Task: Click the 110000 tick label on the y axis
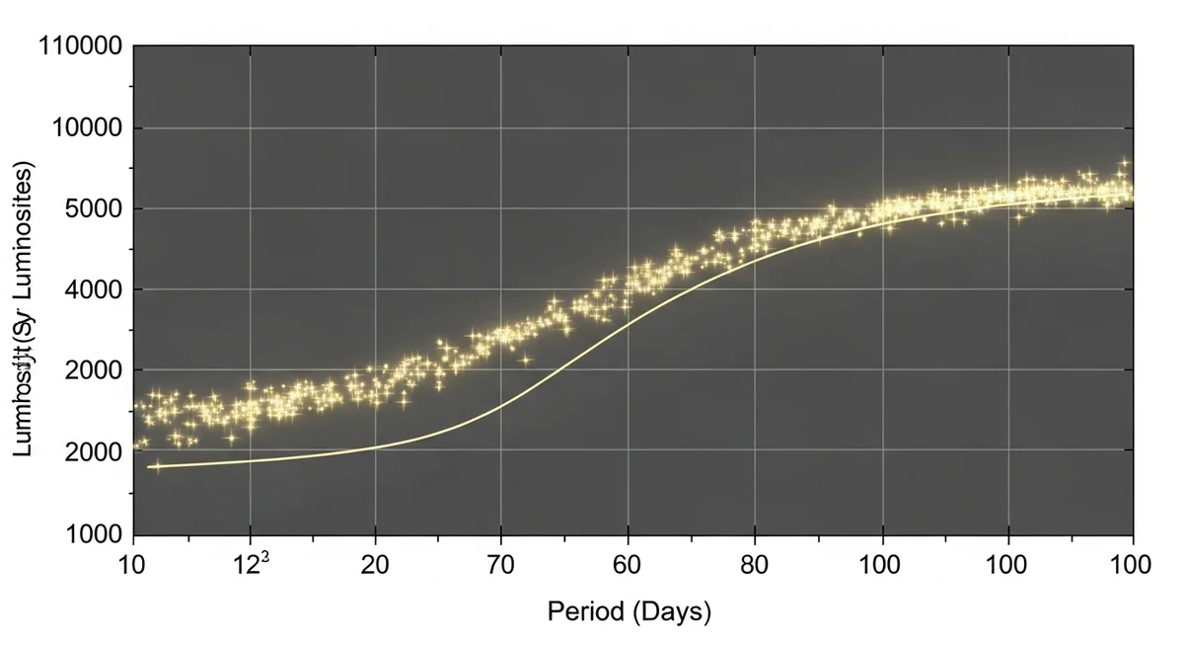tap(80, 46)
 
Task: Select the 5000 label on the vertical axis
tap(90, 209)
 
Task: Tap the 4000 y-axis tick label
tap(90, 290)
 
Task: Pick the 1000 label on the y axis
tap(90, 534)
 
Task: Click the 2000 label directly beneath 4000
tap(90, 370)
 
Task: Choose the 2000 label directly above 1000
tap(90, 452)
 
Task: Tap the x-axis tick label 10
tap(133, 565)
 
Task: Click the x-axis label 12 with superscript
tap(247, 565)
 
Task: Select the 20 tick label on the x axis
tap(375, 565)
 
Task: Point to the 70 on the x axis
tap(501, 565)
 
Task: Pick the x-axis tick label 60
tap(628, 565)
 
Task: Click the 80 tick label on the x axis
tap(755, 565)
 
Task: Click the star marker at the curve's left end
tap(156, 466)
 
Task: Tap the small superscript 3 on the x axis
tap(264, 558)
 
